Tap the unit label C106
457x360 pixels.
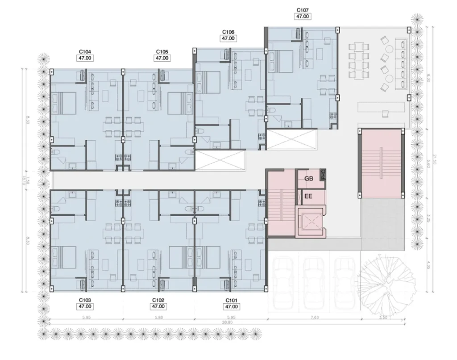[x=228, y=32]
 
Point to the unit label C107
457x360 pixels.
[x=302, y=10]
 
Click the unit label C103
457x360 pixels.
[x=85, y=300]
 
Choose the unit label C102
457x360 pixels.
[x=158, y=300]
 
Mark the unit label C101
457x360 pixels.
[x=232, y=300]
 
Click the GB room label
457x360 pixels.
[x=308, y=179]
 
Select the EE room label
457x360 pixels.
[x=308, y=196]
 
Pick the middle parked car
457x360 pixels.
[x=313, y=280]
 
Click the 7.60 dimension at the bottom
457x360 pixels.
[x=314, y=318]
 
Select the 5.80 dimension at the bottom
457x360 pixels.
[x=158, y=318]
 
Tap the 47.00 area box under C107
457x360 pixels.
[x=302, y=16]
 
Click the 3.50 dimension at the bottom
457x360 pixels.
[x=382, y=318]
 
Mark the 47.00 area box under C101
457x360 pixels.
[x=232, y=306]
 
